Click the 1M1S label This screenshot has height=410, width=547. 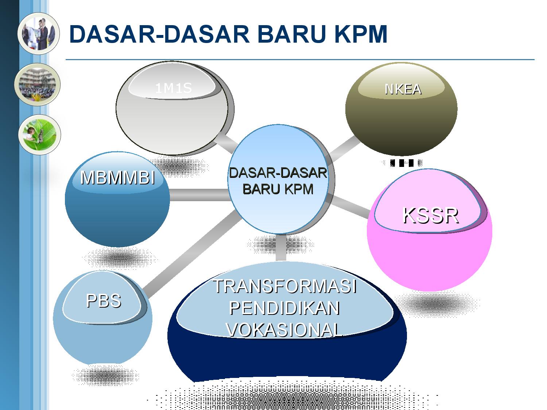click(173, 88)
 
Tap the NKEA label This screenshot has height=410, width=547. click(403, 89)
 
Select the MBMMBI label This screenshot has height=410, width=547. click(117, 178)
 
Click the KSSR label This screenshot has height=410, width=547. click(430, 215)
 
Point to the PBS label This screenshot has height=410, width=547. click(104, 301)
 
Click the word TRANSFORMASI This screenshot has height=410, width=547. click(284, 286)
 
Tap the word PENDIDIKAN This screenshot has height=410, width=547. click(284, 308)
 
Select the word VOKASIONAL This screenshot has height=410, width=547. click(284, 330)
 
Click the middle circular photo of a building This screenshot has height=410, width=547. click(37, 84)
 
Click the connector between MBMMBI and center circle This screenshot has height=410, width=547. click(199, 195)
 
